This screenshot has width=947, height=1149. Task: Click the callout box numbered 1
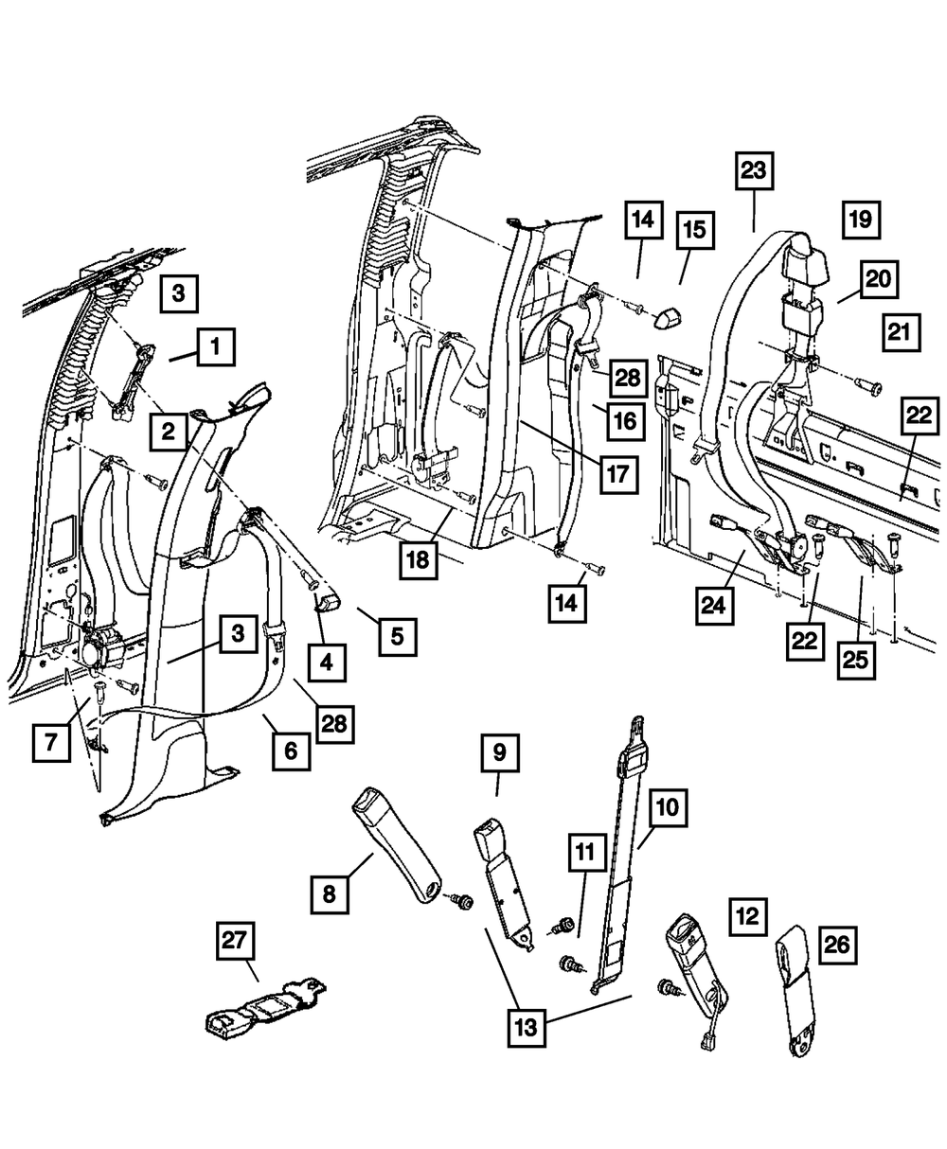point(216,346)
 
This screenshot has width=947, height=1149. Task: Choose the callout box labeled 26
point(840,945)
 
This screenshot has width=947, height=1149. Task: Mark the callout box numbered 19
point(860,220)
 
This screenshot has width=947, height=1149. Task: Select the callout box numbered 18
point(418,560)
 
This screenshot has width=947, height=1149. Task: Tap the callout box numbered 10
point(668,808)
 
